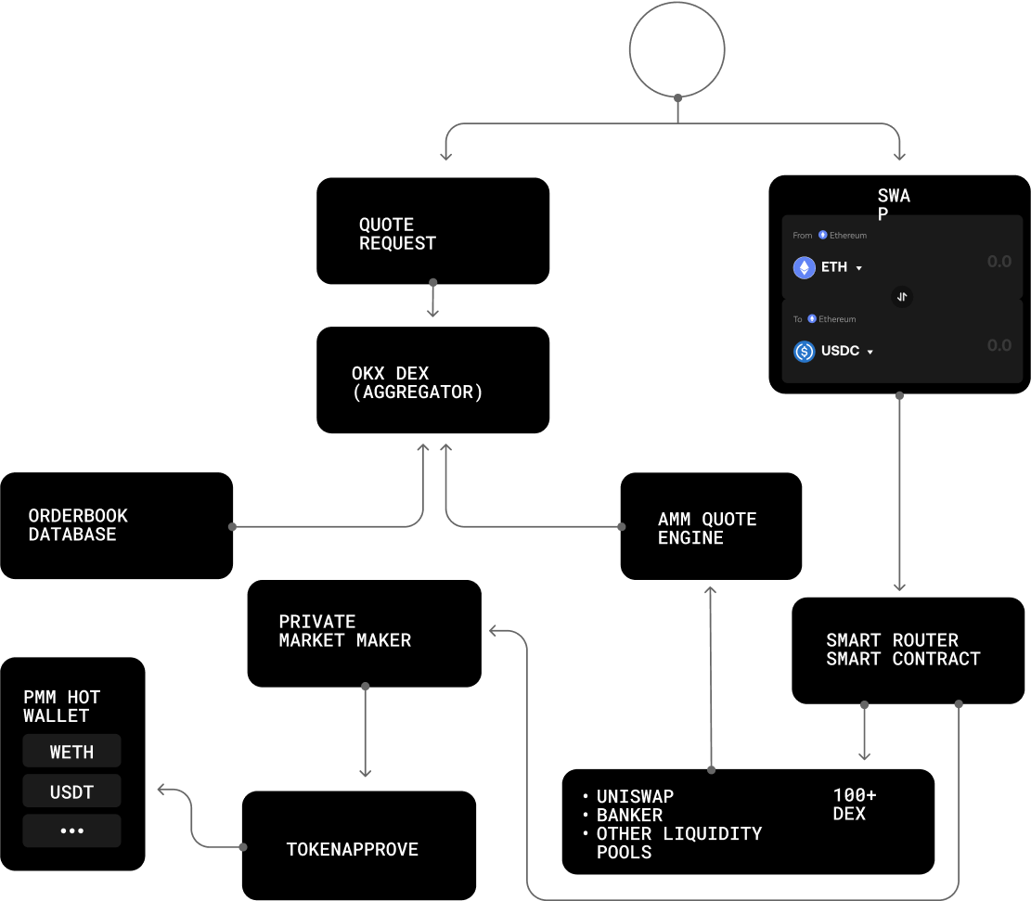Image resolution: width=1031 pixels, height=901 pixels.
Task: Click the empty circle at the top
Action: click(677, 4)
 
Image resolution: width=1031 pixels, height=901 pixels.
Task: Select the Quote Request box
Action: click(432, 231)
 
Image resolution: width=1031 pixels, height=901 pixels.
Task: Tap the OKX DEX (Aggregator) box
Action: click(432, 380)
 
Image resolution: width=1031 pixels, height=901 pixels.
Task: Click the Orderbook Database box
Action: click(116, 525)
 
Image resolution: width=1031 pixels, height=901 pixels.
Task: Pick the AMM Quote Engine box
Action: click(711, 526)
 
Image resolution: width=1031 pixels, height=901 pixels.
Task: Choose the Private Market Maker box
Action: click(365, 634)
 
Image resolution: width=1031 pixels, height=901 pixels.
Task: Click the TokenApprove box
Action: click(359, 845)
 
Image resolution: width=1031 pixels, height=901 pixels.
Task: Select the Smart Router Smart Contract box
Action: click(909, 650)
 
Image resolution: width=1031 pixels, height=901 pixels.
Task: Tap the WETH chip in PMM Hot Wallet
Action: click(71, 751)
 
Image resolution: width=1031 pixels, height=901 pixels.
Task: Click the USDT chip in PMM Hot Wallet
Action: click(71, 792)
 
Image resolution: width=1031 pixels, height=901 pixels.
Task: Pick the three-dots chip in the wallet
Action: click(71, 830)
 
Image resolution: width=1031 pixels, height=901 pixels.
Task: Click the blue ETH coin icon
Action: click(805, 267)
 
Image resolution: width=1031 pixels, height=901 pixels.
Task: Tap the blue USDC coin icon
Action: click(805, 352)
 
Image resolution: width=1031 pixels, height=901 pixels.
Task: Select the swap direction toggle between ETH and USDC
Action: click(902, 297)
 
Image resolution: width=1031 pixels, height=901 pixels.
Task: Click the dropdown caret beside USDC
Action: click(870, 353)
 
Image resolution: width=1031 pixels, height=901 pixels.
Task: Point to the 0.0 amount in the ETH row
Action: click(999, 262)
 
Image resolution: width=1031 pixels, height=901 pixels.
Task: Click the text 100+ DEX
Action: click(854, 804)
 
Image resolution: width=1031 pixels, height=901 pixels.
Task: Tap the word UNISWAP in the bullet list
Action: click(635, 796)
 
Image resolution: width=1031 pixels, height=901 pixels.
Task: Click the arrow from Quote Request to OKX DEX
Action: click(432, 300)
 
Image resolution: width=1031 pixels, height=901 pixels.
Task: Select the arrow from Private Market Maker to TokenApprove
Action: click(366, 731)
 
